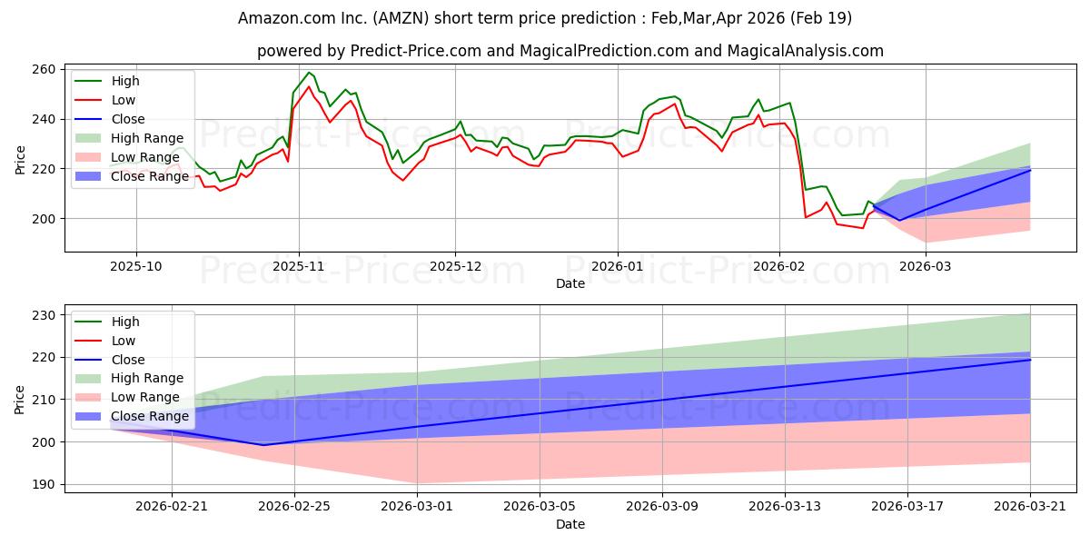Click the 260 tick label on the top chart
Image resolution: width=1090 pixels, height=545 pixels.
point(45,69)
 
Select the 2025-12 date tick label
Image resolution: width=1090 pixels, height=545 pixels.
point(455,266)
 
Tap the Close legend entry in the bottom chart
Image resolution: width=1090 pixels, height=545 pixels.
point(127,360)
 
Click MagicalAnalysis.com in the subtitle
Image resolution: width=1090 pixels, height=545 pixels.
point(807,51)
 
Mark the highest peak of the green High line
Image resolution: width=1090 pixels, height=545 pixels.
point(309,73)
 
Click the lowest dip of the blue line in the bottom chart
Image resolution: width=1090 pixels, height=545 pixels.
point(263,445)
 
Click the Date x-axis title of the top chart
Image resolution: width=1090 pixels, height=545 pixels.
point(570,283)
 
